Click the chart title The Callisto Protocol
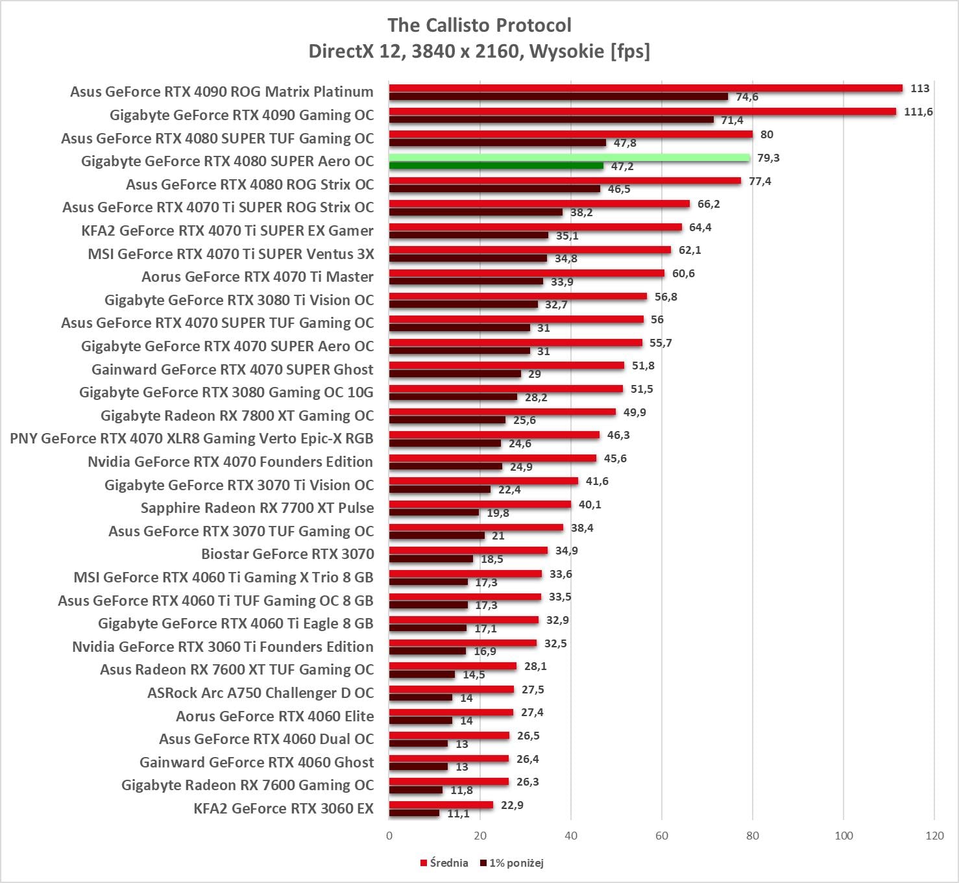click(x=479, y=25)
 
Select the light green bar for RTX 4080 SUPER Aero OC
click(x=569, y=158)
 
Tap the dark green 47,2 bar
click(x=496, y=166)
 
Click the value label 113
click(x=919, y=88)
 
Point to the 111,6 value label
click(x=918, y=112)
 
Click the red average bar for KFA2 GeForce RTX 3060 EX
click(x=441, y=805)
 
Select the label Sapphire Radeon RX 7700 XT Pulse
click(x=257, y=508)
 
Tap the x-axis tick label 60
click(x=661, y=836)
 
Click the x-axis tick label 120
click(x=934, y=836)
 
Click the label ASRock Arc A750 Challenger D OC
click(x=260, y=693)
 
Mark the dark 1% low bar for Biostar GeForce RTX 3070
click(x=431, y=559)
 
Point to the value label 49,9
click(x=634, y=412)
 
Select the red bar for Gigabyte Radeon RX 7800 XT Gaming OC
click(x=502, y=412)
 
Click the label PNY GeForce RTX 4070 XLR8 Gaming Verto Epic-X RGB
click(x=191, y=438)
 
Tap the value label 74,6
click(x=746, y=97)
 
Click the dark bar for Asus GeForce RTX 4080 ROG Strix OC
click(x=494, y=189)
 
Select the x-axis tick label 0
click(x=389, y=836)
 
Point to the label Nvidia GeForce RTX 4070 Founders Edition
click(x=230, y=462)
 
